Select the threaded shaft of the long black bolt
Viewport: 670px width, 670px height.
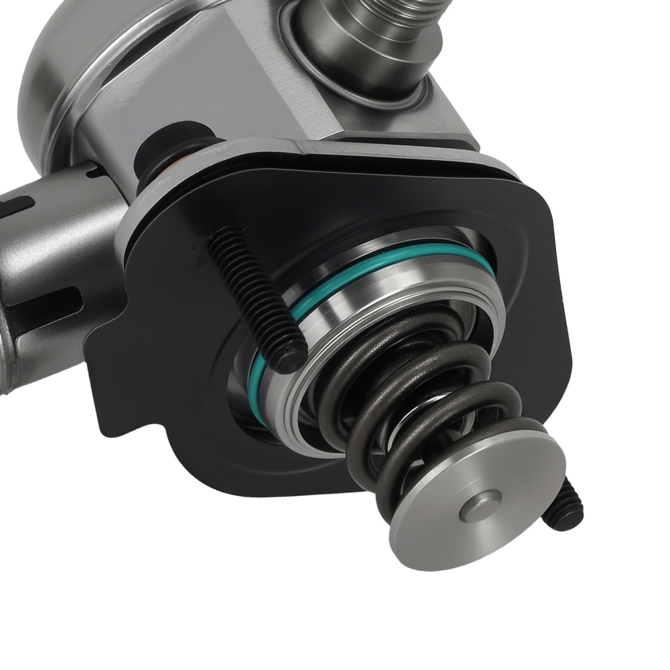pyautogui.click(x=255, y=288)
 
